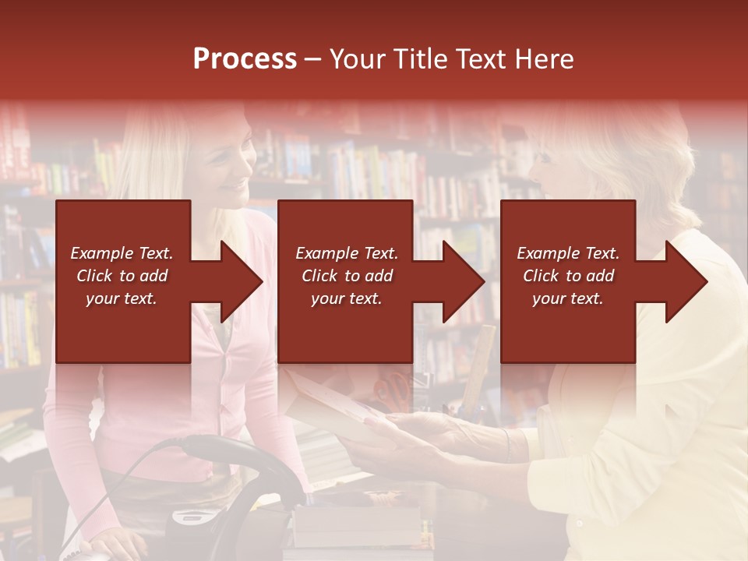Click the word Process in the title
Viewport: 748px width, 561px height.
tap(245, 59)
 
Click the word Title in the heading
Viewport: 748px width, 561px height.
tap(422, 59)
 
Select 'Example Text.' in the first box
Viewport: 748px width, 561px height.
tap(122, 253)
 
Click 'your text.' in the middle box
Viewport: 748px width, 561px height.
tap(346, 298)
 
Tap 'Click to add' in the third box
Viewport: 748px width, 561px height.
tap(568, 276)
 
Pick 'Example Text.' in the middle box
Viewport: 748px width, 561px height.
tap(346, 253)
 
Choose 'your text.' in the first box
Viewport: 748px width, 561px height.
tap(122, 298)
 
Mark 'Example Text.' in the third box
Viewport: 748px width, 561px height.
tap(568, 253)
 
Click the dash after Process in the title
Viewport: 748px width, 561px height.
tap(312, 59)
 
